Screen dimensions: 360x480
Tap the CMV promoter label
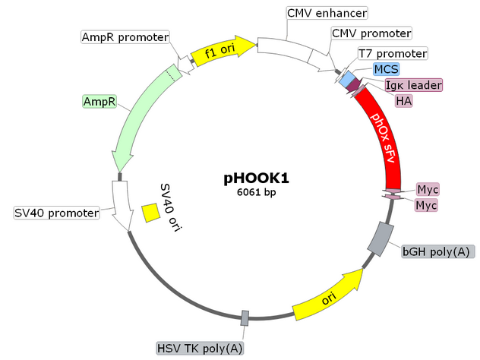(x=371, y=34)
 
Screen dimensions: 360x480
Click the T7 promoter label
(x=393, y=54)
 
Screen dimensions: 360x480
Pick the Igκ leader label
(x=413, y=85)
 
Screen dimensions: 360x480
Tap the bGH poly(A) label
(x=438, y=251)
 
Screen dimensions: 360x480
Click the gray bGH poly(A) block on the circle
(x=379, y=238)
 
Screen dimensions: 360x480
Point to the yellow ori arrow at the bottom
(x=329, y=297)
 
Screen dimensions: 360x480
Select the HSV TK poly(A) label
(x=201, y=349)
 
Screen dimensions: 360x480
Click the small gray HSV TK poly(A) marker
(x=245, y=318)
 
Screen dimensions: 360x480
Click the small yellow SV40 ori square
(x=151, y=213)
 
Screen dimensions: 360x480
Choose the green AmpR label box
(x=99, y=101)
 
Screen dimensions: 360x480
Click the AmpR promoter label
(x=125, y=36)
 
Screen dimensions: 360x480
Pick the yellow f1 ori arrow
(x=223, y=52)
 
